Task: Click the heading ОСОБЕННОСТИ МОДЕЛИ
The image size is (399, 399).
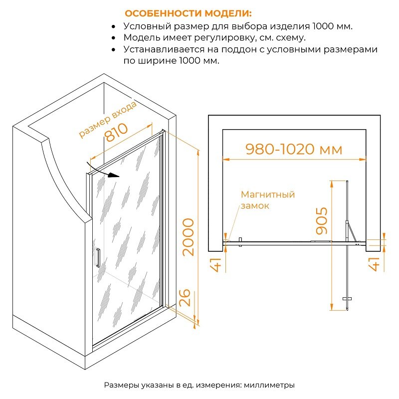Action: tap(188, 13)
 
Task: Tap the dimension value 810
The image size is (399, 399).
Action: tap(116, 132)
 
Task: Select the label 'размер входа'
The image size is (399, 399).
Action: tap(107, 119)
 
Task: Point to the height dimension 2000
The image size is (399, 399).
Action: tap(189, 237)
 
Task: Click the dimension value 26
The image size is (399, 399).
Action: tap(185, 297)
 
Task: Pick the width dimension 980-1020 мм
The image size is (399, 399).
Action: tap(294, 149)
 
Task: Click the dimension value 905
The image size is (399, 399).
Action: tap(321, 220)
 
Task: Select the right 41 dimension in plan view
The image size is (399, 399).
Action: tap(374, 264)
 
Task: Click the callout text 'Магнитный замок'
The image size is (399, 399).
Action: tap(268, 200)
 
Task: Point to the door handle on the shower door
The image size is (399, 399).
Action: tap(98, 258)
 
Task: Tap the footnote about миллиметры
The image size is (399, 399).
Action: tap(199, 385)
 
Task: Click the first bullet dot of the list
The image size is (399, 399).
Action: tap(114, 26)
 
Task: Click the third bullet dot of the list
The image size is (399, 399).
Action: tap(114, 49)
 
